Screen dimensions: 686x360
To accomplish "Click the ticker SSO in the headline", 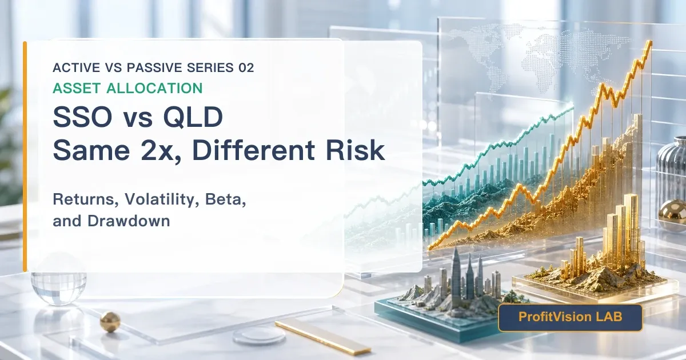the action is (x=82, y=117).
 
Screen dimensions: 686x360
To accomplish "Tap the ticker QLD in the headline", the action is (x=193, y=117).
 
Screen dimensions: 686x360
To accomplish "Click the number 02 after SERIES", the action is (x=246, y=67).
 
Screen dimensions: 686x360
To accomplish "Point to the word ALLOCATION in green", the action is (x=154, y=88).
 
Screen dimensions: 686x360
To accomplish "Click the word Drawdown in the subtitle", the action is (x=129, y=221).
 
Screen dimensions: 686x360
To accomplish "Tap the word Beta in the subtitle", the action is (x=225, y=199).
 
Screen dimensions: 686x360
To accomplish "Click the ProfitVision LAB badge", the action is (x=571, y=318).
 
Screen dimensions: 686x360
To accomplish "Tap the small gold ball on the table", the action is (x=110, y=322).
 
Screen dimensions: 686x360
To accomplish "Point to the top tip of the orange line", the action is (x=650, y=41).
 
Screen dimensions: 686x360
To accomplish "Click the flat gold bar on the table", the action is (x=323, y=338).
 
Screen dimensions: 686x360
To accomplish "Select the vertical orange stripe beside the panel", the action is (x=25, y=157).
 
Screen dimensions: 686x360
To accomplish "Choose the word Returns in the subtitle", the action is (x=86, y=199).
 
